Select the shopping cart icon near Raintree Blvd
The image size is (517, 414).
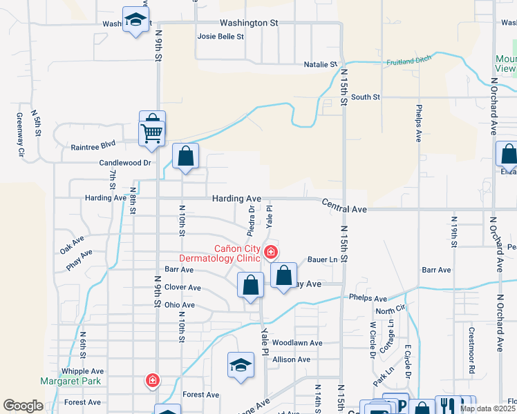(x=151, y=132)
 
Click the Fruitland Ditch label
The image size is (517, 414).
(x=408, y=60)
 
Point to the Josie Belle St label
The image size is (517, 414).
(x=221, y=37)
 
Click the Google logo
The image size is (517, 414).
(x=23, y=406)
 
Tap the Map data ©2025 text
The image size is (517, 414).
(x=487, y=408)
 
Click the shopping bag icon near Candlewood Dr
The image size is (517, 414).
(x=185, y=157)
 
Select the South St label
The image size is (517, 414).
(x=366, y=97)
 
